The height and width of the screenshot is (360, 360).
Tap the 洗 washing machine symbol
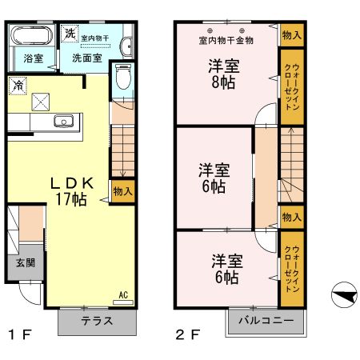click(x=70, y=34)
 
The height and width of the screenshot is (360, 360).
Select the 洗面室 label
click(x=86, y=58)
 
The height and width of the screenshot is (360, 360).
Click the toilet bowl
click(x=122, y=78)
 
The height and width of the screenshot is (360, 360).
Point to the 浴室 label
click(x=33, y=58)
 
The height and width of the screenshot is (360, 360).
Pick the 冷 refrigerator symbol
click(x=17, y=83)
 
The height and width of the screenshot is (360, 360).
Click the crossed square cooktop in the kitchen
click(x=40, y=101)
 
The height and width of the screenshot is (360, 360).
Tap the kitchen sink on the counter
click(x=64, y=122)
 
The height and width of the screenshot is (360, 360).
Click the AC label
click(x=123, y=294)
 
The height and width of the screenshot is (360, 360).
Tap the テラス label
click(x=96, y=320)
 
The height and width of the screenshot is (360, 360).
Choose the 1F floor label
click(x=21, y=334)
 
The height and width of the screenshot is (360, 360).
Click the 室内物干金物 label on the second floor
click(x=226, y=40)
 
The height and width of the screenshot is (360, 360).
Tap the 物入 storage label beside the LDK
click(x=122, y=192)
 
